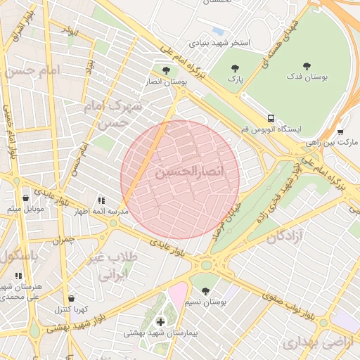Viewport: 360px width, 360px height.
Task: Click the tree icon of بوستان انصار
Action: [166, 70]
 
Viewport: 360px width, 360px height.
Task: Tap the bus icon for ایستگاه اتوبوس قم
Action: [271, 118]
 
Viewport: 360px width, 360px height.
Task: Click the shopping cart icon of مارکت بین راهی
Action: [340, 131]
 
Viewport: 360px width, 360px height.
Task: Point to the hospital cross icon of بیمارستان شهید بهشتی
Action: [161, 322]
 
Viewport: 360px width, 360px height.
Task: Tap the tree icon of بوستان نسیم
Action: [205, 290]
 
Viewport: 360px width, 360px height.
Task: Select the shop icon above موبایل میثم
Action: [25, 198]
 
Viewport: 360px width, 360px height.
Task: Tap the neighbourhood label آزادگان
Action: [288, 237]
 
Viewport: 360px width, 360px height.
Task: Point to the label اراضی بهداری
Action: [311, 343]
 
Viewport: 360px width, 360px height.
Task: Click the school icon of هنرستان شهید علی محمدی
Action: [18, 276]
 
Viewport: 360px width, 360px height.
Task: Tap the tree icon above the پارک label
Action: [234, 68]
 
